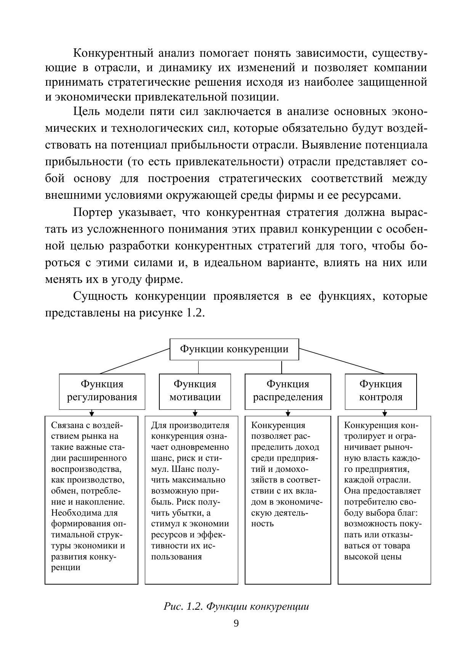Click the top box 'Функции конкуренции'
click(234, 349)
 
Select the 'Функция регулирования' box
click(102, 391)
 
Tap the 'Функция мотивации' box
click(195, 391)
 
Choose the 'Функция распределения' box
click(288, 391)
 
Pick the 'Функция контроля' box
click(381, 391)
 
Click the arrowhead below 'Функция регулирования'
click(91, 414)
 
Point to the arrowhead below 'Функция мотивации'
click(195, 414)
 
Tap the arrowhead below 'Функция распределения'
click(288, 414)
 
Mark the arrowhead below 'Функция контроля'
click(385, 414)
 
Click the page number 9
click(236, 623)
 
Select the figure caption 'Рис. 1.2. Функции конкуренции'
click(236, 606)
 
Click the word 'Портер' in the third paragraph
click(93, 213)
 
